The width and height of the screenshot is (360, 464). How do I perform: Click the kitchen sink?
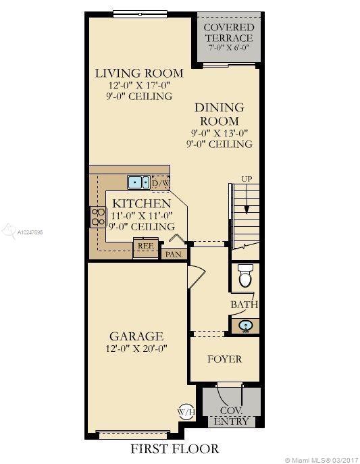click(138, 182)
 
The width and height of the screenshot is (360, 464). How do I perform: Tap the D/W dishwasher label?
click(161, 184)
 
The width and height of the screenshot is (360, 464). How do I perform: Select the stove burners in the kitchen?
click(98, 217)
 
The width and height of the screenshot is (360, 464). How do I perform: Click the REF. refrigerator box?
click(146, 248)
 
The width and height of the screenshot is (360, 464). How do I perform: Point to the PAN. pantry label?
click(174, 254)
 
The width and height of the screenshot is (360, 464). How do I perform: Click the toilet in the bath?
click(246, 276)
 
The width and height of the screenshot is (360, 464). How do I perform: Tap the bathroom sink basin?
click(246, 326)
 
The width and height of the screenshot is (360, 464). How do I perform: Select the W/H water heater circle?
click(186, 411)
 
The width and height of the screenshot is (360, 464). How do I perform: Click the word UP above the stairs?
click(247, 179)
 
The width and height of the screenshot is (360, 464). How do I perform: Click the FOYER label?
click(224, 359)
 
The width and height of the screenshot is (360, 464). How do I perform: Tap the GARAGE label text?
click(136, 336)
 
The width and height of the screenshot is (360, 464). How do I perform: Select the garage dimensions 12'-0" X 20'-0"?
click(136, 349)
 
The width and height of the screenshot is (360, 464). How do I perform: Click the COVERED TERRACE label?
click(229, 32)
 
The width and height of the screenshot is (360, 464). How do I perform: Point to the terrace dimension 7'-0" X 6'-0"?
click(229, 47)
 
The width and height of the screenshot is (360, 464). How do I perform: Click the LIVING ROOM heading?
click(139, 74)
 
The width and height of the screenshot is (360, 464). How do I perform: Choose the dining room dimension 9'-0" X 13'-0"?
click(220, 133)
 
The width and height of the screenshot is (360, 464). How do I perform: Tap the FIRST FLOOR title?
click(175, 449)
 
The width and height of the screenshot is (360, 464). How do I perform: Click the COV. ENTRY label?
click(231, 416)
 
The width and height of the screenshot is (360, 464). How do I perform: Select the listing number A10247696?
click(30, 232)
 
